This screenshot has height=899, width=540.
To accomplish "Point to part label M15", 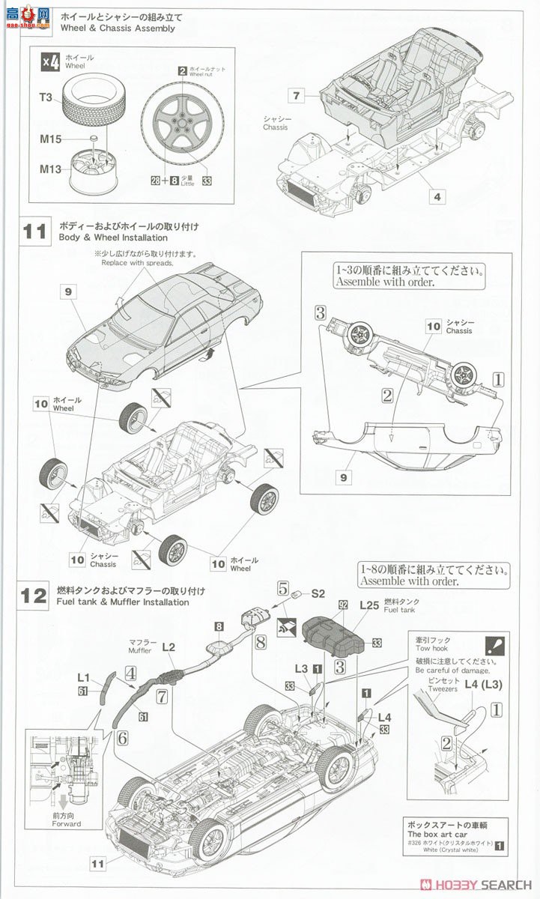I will tap(51, 139).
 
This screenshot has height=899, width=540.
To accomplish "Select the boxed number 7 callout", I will tap(297, 95).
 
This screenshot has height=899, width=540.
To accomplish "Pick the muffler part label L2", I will tap(169, 647).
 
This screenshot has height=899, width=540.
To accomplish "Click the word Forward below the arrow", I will tap(67, 824).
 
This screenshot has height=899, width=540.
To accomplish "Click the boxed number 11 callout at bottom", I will tap(97, 864).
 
